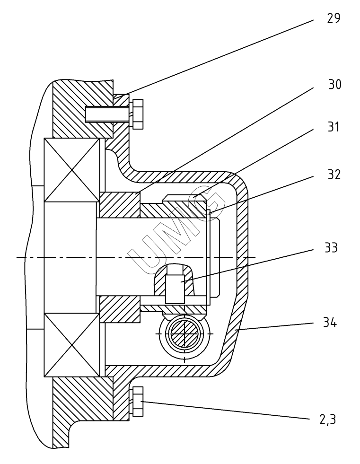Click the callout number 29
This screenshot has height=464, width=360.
(334, 18)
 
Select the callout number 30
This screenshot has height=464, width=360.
(334, 84)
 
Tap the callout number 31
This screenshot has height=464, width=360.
(334, 127)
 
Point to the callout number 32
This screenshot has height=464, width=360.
(334, 175)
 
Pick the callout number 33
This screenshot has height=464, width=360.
(331, 248)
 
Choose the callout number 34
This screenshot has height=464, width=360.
(330, 322)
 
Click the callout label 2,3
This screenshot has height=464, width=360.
(328, 420)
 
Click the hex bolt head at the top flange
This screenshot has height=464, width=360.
(138, 114)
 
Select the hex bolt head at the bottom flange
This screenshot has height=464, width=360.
(138, 401)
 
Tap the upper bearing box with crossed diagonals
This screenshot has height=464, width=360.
(71, 170)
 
